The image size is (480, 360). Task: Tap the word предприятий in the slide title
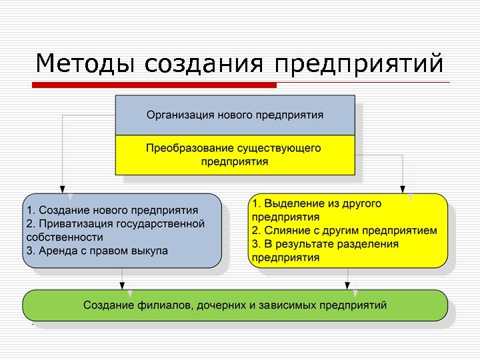click(x=359, y=64)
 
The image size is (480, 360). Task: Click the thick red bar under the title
click(x=154, y=85)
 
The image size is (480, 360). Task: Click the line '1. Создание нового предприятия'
click(x=112, y=211)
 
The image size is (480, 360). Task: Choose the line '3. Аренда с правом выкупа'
click(x=97, y=251)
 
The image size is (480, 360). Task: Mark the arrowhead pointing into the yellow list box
click(x=403, y=189)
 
